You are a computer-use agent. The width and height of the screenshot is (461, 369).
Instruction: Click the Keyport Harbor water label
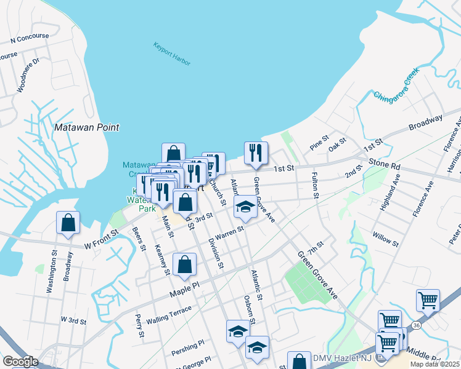(172, 54)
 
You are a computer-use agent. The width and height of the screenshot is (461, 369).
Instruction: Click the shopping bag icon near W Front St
(68, 224)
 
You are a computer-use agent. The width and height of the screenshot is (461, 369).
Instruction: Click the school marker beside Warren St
(245, 208)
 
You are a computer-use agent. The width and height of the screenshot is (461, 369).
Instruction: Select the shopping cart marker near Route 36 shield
(428, 300)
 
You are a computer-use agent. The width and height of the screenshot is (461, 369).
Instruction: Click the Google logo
(21, 361)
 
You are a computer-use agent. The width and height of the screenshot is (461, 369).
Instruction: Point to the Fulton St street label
(314, 186)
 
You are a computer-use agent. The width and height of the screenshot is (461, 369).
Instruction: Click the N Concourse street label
(30, 39)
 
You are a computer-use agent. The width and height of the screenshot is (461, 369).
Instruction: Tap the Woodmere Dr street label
(28, 75)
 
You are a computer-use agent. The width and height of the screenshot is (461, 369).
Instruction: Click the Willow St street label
(385, 239)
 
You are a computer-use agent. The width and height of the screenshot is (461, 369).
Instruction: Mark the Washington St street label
(54, 270)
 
